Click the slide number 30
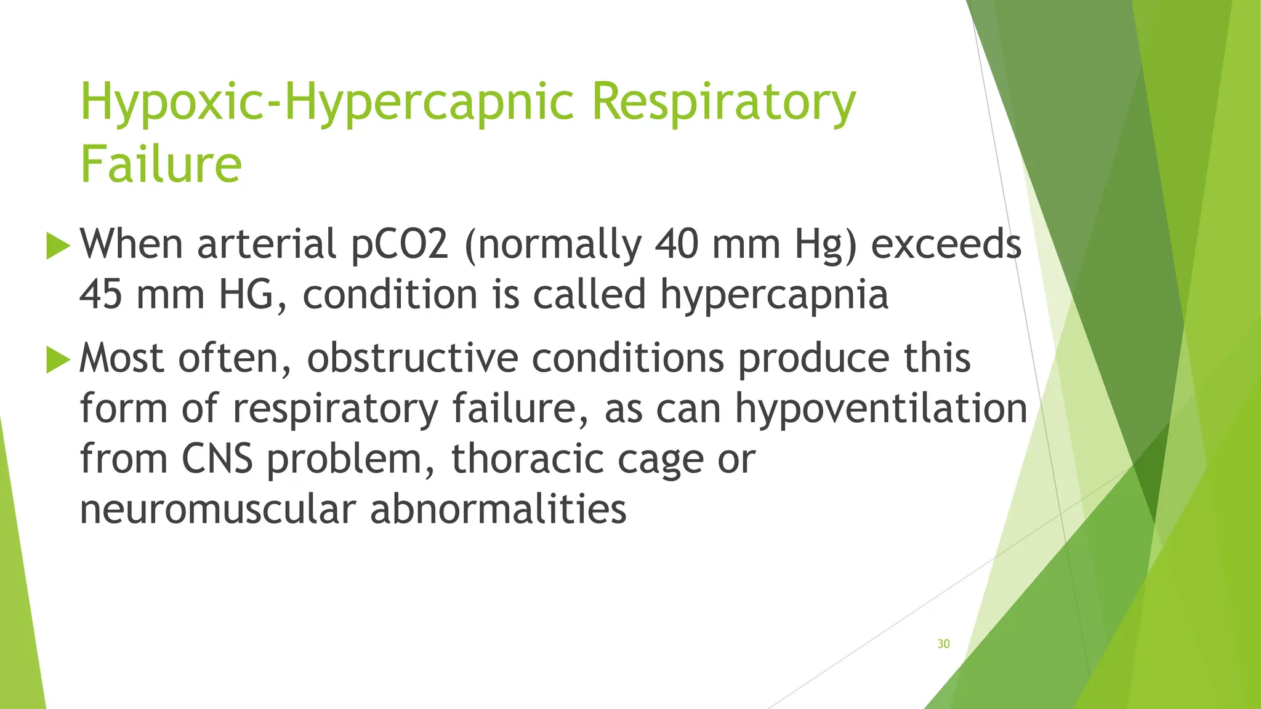click(x=943, y=644)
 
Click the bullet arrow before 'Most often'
click(x=58, y=359)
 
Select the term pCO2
click(x=400, y=244)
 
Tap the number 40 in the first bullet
click(x=676, y=244)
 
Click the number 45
click(x=101, y=294)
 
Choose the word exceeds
click(x=946, y=244)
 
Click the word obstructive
click(x=413, y=358)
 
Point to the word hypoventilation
click(x=881, y=409)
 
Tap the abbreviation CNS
click(x=217, y=459)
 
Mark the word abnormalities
click(x=498, y=510)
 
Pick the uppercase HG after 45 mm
click(x=246, y=294)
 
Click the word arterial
click(x=266, y=244)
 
